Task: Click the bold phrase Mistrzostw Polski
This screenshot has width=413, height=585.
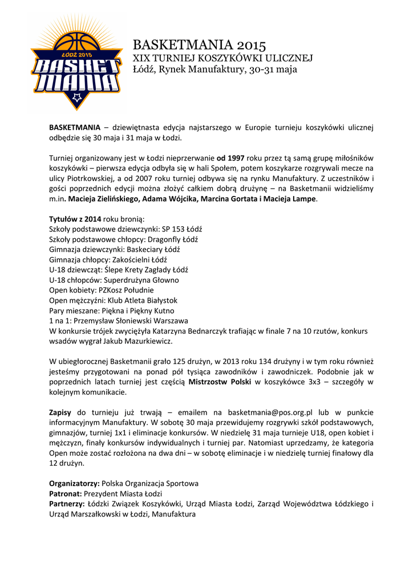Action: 220,382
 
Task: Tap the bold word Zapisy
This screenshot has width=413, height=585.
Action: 60,412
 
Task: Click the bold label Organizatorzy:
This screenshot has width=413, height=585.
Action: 74,483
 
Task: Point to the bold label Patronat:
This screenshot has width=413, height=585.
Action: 65,494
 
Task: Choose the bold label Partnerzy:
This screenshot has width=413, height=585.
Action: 67,504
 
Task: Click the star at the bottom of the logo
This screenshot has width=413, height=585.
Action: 76,98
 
